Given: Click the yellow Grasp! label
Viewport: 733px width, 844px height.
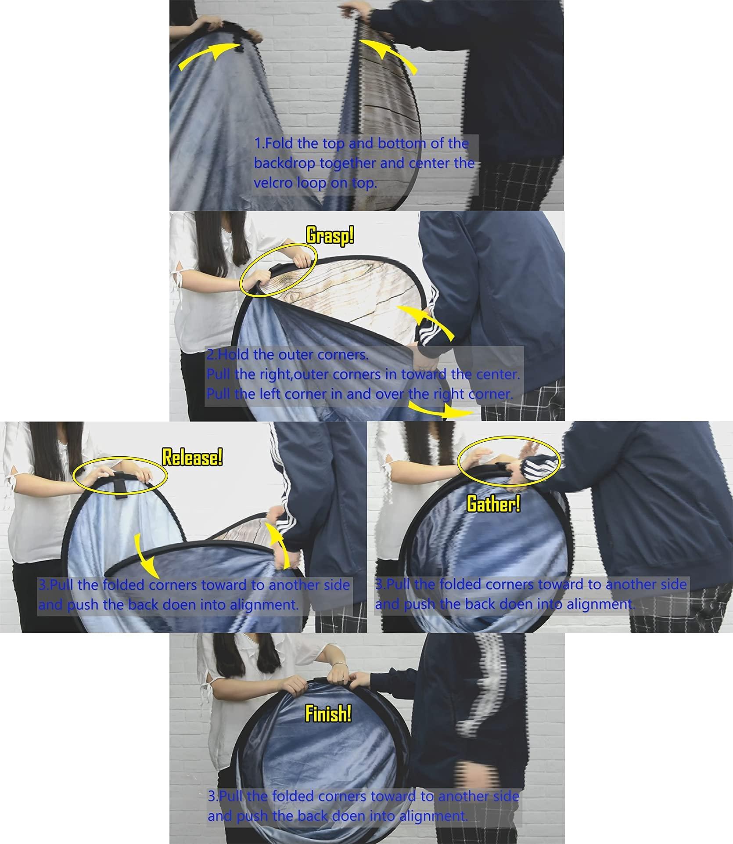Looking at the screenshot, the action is (x=330, y=236).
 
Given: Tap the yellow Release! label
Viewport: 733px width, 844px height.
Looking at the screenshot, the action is (x=192, y=458).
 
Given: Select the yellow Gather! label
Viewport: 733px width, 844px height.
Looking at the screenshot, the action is (x=493, y=503).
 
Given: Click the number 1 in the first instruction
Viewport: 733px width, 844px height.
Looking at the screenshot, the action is (x=258, y=143).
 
